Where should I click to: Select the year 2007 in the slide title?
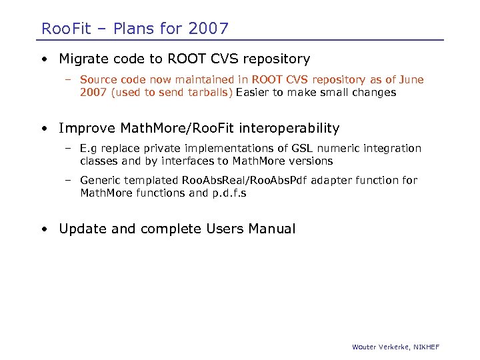click(208, 29)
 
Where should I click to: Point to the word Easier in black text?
click(253, 93)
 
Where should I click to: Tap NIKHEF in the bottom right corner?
click(425, 347)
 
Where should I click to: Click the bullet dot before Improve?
click(44, 128)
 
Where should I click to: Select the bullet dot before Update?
click(44, 229)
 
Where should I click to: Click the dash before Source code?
click(68, 80)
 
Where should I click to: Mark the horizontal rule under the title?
click(240, 40)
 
